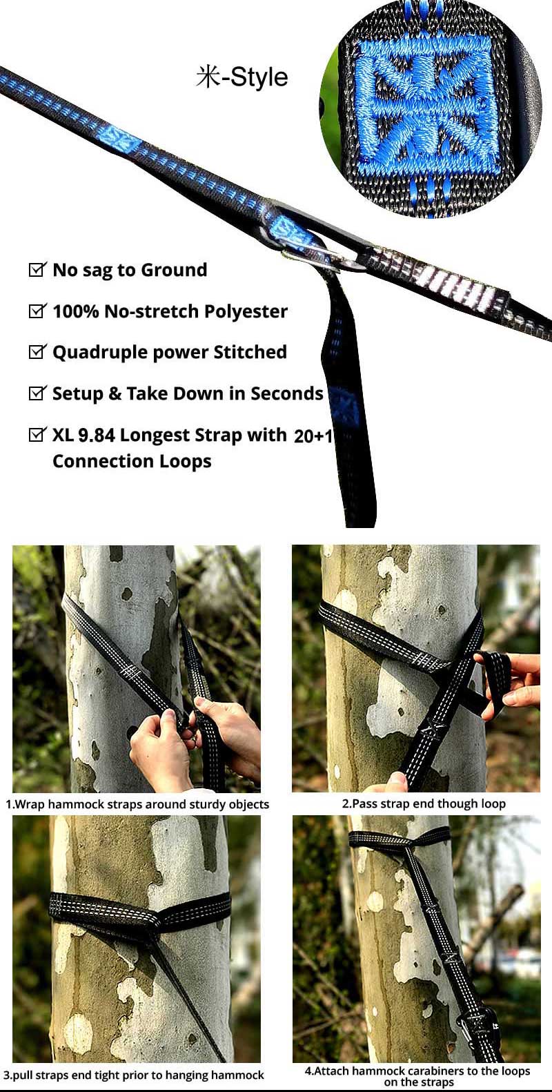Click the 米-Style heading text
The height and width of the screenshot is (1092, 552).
241,77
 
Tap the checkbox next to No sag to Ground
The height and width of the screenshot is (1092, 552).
37,270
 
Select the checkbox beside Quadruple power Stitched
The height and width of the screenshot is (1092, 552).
37,352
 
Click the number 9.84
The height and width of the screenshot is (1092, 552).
97,436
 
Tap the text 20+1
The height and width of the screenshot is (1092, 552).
313,436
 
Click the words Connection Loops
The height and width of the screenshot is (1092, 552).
132,461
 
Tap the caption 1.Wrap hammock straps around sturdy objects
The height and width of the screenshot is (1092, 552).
137,804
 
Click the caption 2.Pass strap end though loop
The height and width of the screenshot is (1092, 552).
424,803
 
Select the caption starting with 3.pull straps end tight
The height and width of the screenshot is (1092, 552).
134,1075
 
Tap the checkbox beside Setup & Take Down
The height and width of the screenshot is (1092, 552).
37,393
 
